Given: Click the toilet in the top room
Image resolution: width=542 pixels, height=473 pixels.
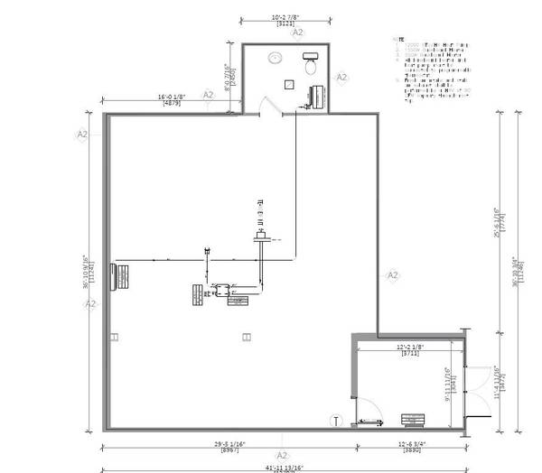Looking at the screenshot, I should [312, 62].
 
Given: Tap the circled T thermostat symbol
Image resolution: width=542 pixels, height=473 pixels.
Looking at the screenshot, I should [336, 421].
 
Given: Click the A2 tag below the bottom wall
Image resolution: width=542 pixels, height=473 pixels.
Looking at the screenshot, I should [281, 456].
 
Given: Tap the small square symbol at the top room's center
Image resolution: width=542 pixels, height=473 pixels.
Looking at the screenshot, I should [287, 84].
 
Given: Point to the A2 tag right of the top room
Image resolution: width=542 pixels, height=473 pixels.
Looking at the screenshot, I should [342, 78].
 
